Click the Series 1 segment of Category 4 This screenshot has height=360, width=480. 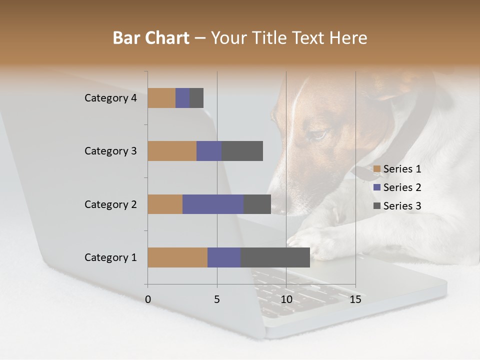coord(161,98)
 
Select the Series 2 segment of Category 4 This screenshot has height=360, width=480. coord(182,98)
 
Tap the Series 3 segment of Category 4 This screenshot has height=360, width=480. coord(196,98)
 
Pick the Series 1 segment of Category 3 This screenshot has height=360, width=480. coord(172,151)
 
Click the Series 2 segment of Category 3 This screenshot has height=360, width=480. coord(209,151)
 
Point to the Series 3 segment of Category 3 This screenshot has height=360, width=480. coord(242,151)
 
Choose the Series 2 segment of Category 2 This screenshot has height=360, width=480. coord(213,204)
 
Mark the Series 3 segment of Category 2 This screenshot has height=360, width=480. coord(257,204)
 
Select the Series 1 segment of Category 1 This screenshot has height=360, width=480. coord(177,257)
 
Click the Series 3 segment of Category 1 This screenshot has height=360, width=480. coord(275,257)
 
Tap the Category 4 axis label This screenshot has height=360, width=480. coord(110,98)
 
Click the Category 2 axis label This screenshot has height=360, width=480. coord(110,204)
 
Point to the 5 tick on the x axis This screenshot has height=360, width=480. coord(217,299)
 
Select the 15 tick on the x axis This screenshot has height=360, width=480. coord(355,299)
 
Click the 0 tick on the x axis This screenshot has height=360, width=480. coord(148,299)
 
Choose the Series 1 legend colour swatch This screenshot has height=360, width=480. coord(377,169)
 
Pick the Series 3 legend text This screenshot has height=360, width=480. coord(402,206)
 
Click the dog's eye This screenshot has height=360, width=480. coord(318,134)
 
